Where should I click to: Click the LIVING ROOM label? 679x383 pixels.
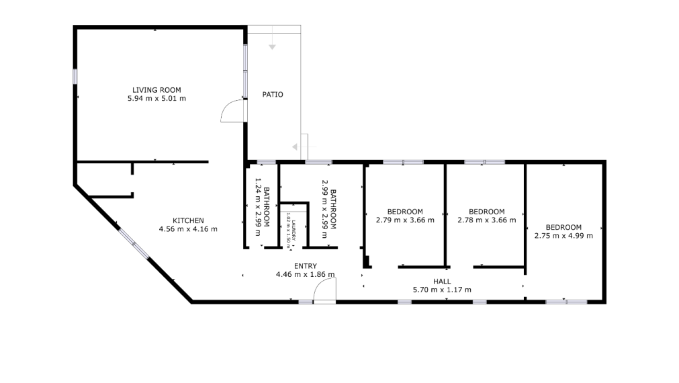coord(156,90)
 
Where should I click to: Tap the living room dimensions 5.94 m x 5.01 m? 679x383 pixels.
coord(156,99)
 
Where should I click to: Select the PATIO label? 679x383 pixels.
coord(272,95)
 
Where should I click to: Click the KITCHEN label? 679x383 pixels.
coord(188,220)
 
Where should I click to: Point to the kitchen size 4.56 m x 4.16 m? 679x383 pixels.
coord(188,229)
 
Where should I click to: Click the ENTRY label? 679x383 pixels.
coord(305,266)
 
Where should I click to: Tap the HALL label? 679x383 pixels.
coord(441,282)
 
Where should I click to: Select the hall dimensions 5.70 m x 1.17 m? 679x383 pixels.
coord(441,290)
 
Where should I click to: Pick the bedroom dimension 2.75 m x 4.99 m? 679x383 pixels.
coord(563,236)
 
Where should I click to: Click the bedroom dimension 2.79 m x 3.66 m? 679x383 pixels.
coord(405,220)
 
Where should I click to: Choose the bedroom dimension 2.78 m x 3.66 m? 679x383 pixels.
coord(486,220)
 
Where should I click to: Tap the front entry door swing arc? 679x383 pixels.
coord(324,290)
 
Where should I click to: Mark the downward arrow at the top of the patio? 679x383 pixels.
coord(272,46)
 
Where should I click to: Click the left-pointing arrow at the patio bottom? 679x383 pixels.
coord(295,147)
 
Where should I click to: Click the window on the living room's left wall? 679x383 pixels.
coord(75,75)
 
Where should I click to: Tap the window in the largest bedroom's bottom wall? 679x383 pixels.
coord(566,302)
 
